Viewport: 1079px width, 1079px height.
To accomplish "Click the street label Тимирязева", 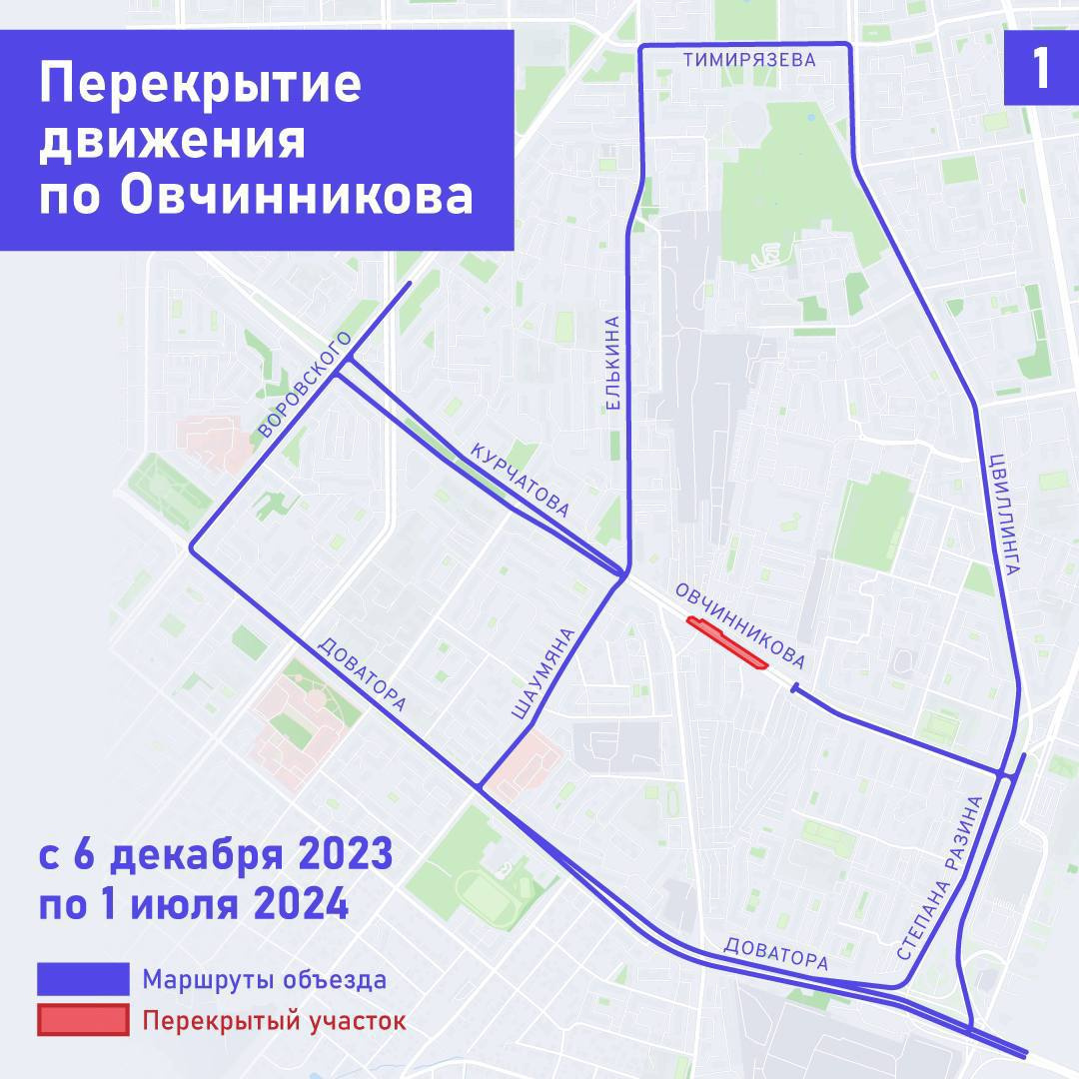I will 749,60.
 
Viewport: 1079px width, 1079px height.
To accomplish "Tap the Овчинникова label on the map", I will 740,625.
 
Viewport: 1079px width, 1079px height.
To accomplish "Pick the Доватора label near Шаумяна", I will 362,674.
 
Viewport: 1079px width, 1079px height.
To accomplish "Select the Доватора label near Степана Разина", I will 776,954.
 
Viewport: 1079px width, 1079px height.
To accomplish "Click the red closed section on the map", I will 727,642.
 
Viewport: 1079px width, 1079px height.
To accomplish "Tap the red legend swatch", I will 83,1020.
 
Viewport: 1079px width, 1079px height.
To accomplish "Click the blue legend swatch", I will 83,979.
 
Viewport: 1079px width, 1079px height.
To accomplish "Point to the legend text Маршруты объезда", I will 264,979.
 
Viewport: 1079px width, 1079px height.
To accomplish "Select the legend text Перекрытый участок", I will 274,1021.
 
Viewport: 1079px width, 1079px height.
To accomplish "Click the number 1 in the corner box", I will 1041,70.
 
